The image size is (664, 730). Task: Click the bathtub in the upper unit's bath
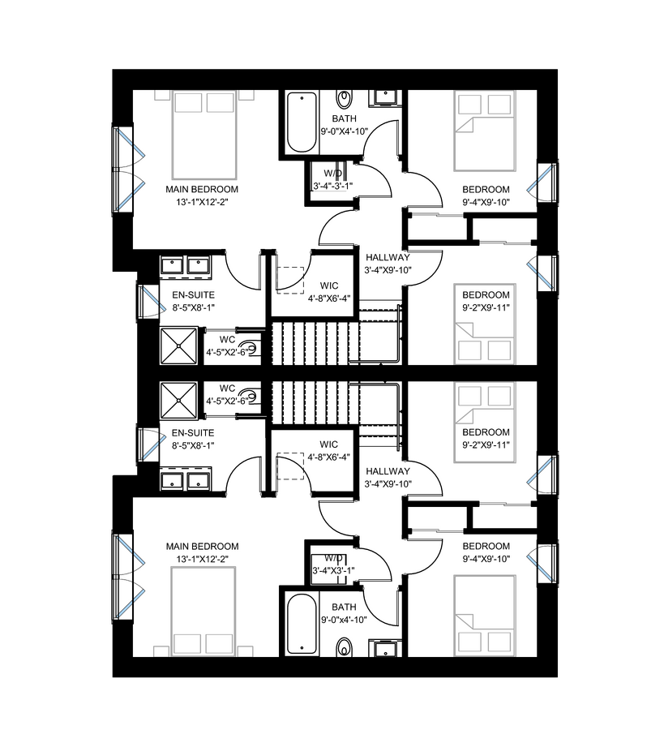(302, 122)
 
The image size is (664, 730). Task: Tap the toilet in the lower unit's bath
(345, 647)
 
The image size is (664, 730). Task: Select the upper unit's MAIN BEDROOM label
(202, 190)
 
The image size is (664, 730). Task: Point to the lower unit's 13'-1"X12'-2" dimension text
(202, 559)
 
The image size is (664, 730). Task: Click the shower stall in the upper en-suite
(178, 346)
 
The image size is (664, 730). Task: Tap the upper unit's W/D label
(332, 174)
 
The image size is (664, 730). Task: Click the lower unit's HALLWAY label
(388, 471)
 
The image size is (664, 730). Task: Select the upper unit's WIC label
(329, 286)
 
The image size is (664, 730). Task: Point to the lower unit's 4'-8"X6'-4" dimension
(329, 457)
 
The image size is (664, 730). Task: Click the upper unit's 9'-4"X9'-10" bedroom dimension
(486, 203)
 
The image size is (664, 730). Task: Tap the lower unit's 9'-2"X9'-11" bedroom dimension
(486, 445)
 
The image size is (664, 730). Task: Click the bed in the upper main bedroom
(205, 135)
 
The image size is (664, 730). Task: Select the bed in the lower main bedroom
(203, 612)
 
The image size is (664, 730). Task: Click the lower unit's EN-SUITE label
(193, 433)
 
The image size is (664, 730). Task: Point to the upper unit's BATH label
(345, 118)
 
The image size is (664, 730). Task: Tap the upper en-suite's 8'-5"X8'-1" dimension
(193, 307)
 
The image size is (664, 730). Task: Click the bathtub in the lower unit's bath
(302, 625)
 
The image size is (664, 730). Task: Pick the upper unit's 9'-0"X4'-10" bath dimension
(345, 131)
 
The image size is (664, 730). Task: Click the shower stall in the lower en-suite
(178, 401)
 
